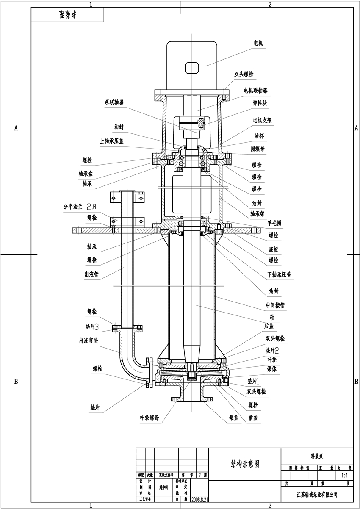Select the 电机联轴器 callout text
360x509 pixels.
pyautogui.click(x=255, y=91)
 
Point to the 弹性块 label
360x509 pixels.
pyautogui.click(x=260, y=103)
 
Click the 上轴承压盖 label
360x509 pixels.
pyautogui.click(x=112, y=141)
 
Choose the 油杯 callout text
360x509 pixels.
pyautogui.click(x=259, y=136)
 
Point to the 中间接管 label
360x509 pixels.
pyautogui.click(x=275, y=304)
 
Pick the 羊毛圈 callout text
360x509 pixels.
pyautogui.click(x=274, y=221)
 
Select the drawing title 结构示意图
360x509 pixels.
pyautogui.click(x=245, y=464)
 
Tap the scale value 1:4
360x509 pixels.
pyautogui.click(x=344, y=476)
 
